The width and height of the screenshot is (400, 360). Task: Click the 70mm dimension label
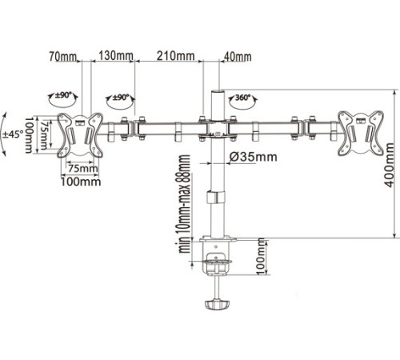click(64, 57)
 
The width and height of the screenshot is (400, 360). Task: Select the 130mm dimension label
click(116, 57)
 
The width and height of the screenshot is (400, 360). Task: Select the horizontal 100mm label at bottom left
click(80, 181)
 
